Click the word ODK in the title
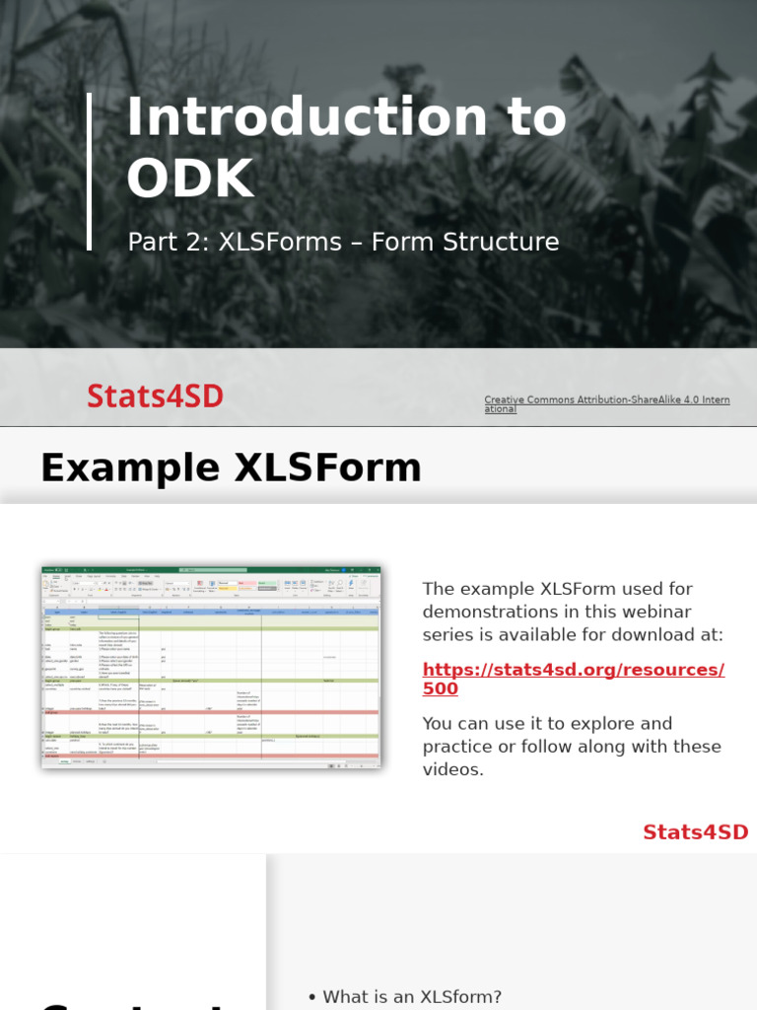tap(190, 179)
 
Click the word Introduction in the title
tap(307, 117)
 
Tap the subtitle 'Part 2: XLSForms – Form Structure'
tap(343, 242)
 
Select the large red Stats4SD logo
tap(155, 397)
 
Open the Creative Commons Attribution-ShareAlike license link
tap(606, 403)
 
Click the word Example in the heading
tap(130, 468)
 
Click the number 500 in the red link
tap(441, 688)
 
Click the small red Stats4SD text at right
tap(695, 831)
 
